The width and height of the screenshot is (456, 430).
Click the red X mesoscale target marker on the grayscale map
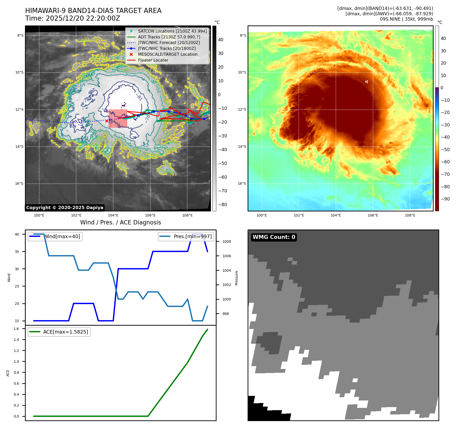[107, 121]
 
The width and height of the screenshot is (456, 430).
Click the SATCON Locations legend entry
[172, 31]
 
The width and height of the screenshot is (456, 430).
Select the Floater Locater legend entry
[153, 60]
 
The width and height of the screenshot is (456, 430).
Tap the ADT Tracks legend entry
[169, 37]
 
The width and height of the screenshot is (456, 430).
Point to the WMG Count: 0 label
[274, 237]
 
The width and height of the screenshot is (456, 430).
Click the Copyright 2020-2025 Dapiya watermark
[65, 208]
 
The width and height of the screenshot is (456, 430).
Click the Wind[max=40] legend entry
[62, 236]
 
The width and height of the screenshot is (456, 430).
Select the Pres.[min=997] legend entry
[193, 236]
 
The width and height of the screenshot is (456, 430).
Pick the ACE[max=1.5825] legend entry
[65, 332]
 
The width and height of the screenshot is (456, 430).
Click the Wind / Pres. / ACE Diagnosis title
[121, 223]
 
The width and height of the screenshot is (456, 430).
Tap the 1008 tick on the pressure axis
[227, 241]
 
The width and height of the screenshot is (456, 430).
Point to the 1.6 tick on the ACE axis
[16, 329]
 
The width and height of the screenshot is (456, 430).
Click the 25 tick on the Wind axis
[17, 286]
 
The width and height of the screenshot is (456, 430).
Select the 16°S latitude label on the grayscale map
[19, 183]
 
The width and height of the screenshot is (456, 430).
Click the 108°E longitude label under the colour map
[410, 216]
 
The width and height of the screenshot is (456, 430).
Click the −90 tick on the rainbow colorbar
[445, 199]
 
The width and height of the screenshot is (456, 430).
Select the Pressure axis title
[236, 278]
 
